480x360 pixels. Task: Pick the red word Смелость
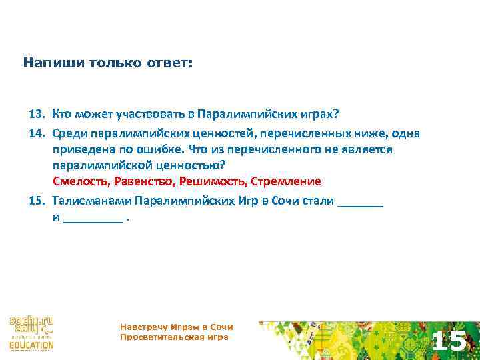(x=81, y=181)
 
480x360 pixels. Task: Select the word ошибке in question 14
(x=164, y=149)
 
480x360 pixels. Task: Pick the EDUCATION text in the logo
(x=31, y=345)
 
